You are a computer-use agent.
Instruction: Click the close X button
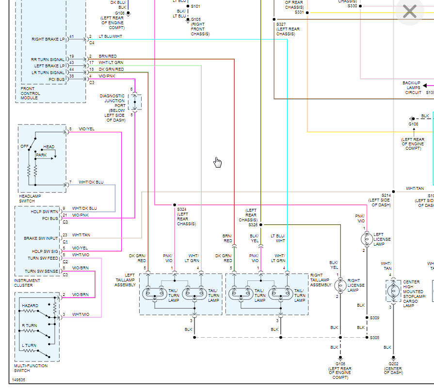pyautogui.click(x=410, y=12)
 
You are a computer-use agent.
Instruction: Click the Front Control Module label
pyautogui.click(x=31, y=93)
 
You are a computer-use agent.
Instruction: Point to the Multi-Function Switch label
pyautogui.click(x=31, y=368)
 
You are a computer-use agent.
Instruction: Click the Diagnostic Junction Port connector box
pyautogui.click(x=135, y=102)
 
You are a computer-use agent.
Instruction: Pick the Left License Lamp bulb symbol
pyautogui.click(x=366, y=238)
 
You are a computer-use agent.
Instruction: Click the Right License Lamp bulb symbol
pyautogui.click(x=340, y=285)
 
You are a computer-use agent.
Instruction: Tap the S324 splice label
pyautogui.click(x=182, y=209)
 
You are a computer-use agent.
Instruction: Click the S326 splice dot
pyautogui.click(x=261, y=225)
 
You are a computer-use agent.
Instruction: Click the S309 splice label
pyautogui.click(x=374, y=318)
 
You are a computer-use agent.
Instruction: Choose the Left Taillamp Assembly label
pyautogui.click(x=126, y=280)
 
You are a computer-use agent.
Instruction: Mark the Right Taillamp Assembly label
pyautogui.click(x=321, y=280)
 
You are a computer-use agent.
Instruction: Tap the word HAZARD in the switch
pyautogui.click(x=30, y=306)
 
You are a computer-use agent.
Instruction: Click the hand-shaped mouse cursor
pyautogui.click(x=218, y=162)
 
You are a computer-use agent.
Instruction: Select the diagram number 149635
pyautogui.click(x=19, y=380)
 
